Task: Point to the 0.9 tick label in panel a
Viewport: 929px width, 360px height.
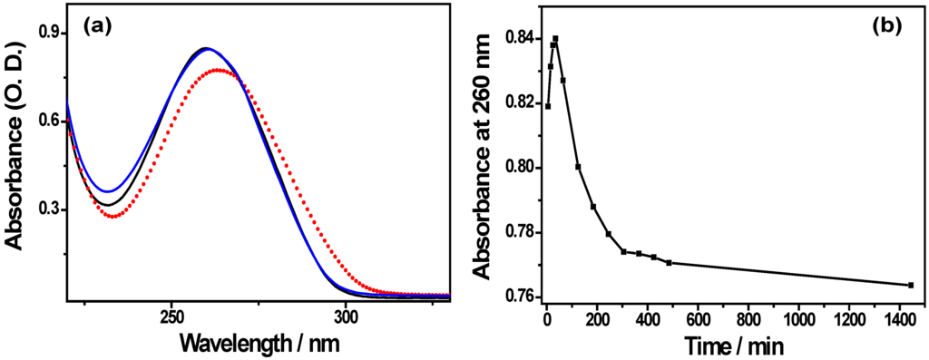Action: tap(46, 33)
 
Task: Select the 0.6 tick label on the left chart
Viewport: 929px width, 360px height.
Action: tap(46, 121)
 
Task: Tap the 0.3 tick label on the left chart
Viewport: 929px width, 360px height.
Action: tap(46, 209)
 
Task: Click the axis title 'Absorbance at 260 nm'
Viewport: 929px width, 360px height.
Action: tap(484, 154)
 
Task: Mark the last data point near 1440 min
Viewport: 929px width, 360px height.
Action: tap(910, 285)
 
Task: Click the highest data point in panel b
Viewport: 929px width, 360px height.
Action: tap(555, 39)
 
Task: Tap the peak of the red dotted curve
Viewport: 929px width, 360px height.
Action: tap(219, 70)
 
